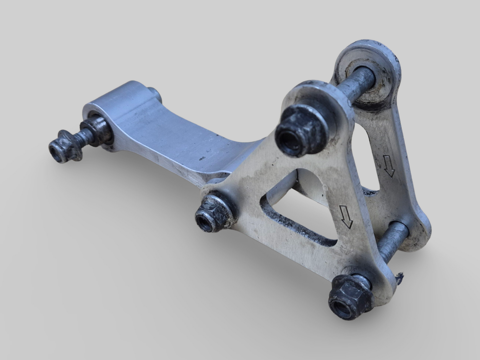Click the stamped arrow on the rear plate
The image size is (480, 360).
[389, 165]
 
